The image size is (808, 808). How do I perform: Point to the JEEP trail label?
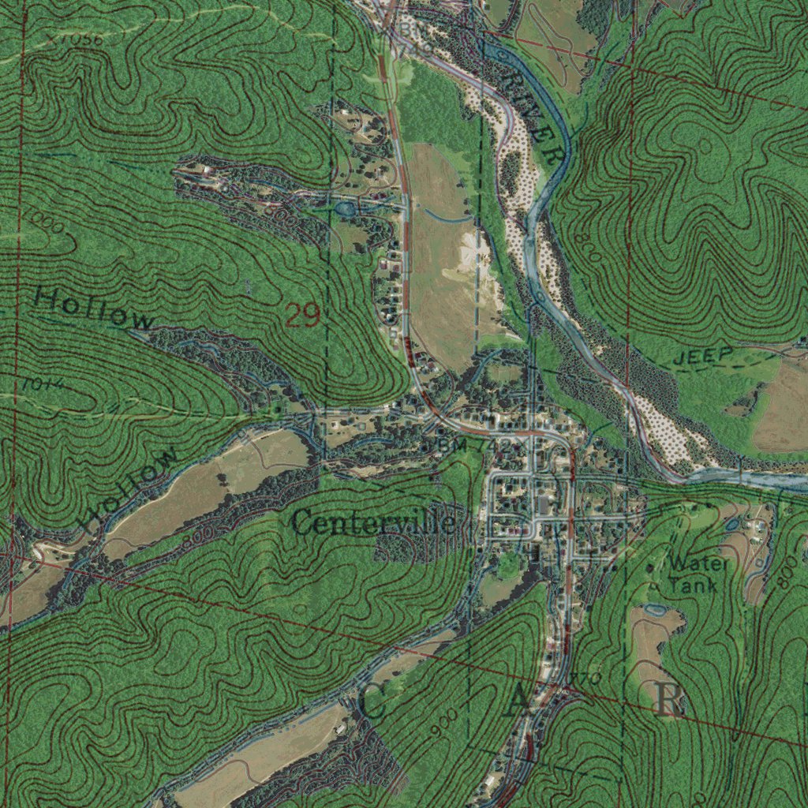[x=703, y=356]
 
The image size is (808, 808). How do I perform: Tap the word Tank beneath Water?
[x=694, y=585]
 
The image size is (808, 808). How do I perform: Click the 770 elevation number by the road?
[x=587, y=679]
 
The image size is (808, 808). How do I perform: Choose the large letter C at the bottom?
[x=374, y=701]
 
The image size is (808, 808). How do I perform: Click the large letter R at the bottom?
[x=669, y=699]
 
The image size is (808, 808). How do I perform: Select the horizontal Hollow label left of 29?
[x=93, y=309]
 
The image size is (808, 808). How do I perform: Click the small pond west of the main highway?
[x=345, y=209]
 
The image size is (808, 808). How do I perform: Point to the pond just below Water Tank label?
[x=655, y=610]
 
